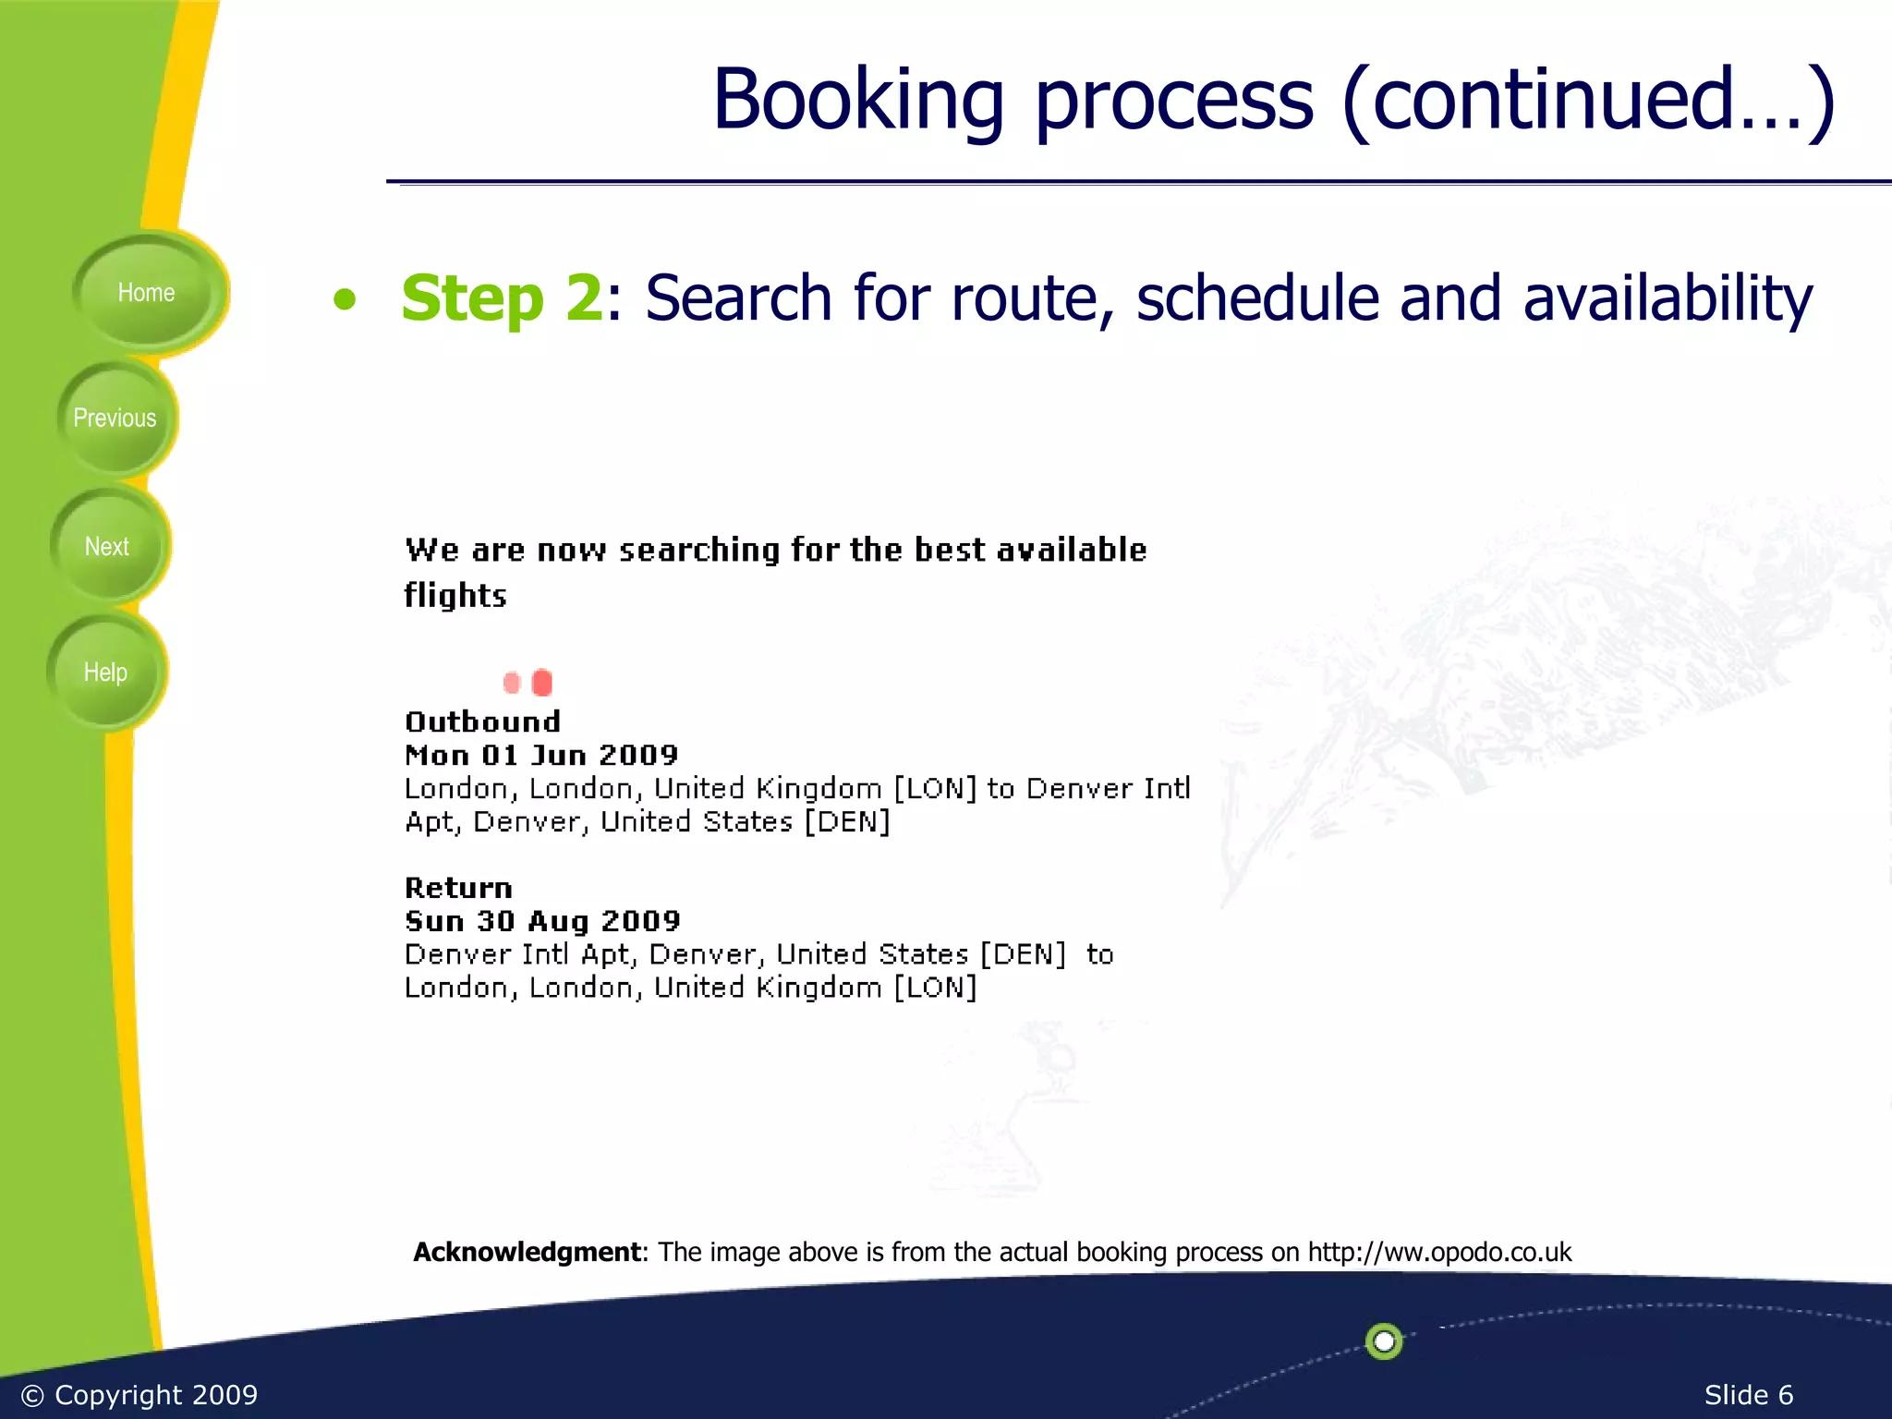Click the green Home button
(146, 293)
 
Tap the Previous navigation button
(115, 418)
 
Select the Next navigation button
(107, 547)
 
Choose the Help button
(105, 673)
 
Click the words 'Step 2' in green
(502, 298)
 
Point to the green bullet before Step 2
(345, 299)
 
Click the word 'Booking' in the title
(857, 100)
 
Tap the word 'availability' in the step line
(1668, 298)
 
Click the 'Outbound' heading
(482, 722)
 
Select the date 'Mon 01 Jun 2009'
(541, 755)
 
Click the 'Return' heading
(458, 888)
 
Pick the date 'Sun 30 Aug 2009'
(542, 921)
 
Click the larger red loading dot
(542, 683)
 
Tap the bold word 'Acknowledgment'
(527, 1252)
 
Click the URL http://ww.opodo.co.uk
(1439, 1252)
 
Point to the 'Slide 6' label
(1748, 1395)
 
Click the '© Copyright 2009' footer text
(139, 1395)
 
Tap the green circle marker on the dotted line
(1384, 1340)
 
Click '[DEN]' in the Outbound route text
(846, 821)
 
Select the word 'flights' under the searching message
(455, 596)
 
